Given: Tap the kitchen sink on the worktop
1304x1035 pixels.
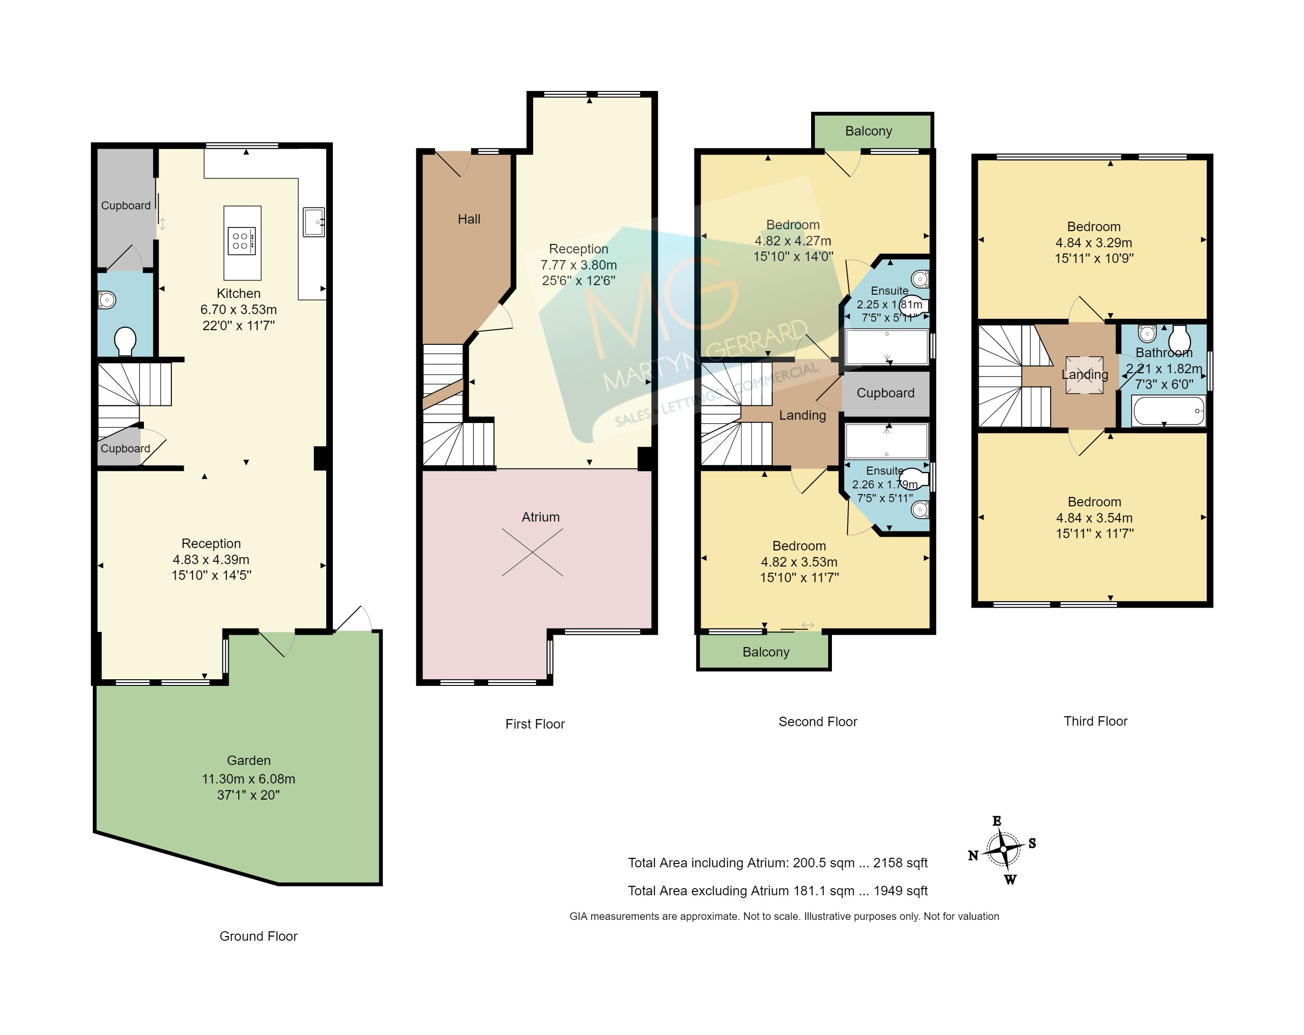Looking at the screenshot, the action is coord(314,222).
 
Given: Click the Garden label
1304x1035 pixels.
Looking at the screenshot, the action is coord(249,760).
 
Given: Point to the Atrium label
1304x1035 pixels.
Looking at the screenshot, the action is coord(541,517).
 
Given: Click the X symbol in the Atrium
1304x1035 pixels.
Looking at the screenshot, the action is coord(532,552).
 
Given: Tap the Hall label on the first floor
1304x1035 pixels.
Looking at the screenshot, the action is coord(469,219).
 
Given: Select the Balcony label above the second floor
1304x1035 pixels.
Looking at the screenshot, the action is coord(868,131).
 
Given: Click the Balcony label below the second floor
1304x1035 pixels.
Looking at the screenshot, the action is coord(766,652).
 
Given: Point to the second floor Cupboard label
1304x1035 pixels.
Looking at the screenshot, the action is coord(885,393).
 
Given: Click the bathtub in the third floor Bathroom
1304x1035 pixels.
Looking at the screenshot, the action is coord(1169,411).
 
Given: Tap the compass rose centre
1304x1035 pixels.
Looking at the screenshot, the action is coord(1003,849).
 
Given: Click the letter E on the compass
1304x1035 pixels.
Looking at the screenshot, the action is coord(997,821).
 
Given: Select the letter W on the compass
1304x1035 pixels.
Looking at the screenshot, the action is coord(1010,880).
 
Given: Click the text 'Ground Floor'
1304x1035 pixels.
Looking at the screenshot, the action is coord(258,936).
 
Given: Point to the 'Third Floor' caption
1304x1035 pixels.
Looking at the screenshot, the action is coord(1095,721).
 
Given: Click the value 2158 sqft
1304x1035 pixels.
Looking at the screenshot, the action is coord(900,863).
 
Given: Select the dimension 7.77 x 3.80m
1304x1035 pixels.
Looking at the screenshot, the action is coord(579,265).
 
